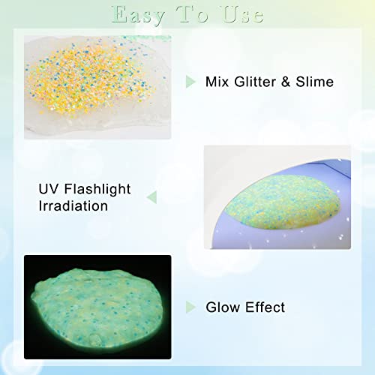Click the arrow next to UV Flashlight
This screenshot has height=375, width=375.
click(x=151, y=197)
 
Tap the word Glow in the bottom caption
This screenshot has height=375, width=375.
click(x=223, y=307)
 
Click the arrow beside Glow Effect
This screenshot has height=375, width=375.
click(x=190, y=307)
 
